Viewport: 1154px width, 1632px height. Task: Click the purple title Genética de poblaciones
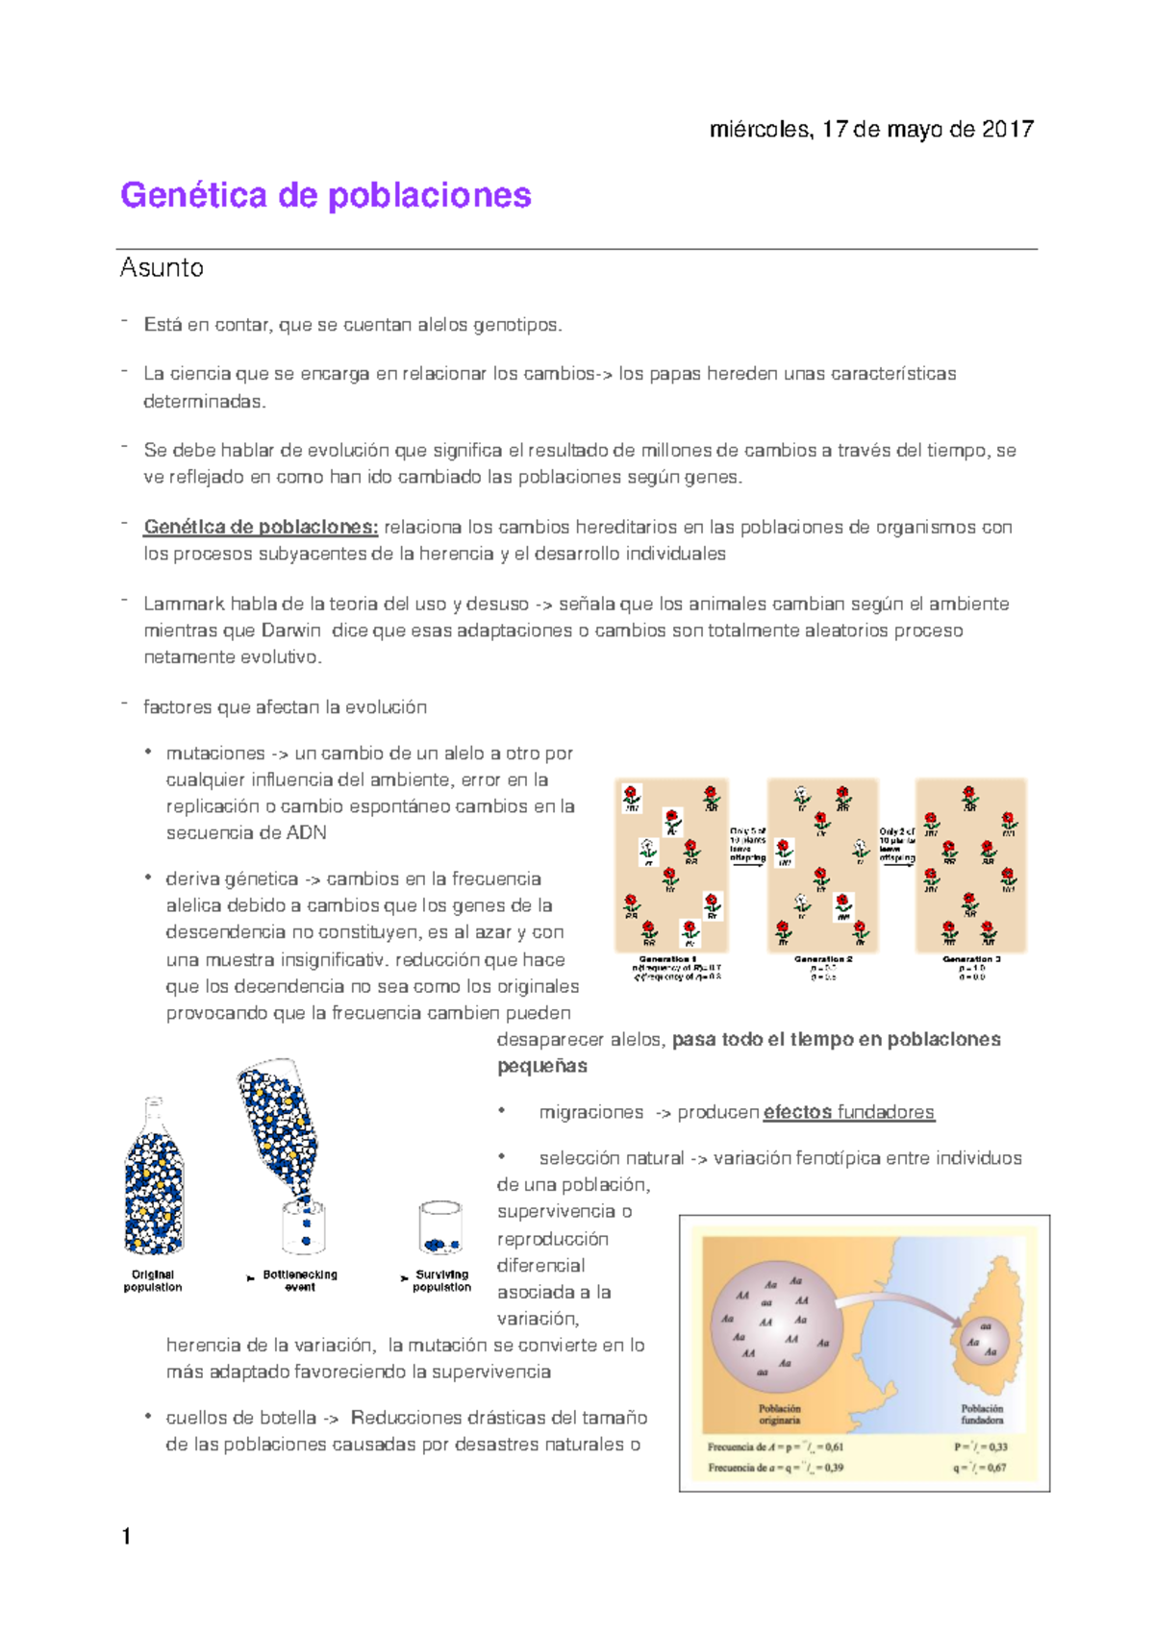coord(325,195)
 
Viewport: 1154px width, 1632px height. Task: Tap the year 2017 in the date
coord(1007,129)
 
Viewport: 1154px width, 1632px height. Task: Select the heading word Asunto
coord(162,267)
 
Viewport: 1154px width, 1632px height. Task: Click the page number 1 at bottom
coord(127,1536)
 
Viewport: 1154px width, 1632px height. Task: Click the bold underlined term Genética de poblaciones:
coord(261,527)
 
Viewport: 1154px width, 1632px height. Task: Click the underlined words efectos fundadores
coord(848,1112)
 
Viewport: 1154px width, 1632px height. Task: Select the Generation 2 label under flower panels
coord(823,958)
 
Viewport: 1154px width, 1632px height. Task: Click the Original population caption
coord(153,1280)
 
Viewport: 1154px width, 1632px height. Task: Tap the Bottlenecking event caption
coord(300,1280)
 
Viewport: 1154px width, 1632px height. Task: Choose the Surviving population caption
coord(441,1280)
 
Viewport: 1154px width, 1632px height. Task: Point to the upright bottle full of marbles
coord(154,1182)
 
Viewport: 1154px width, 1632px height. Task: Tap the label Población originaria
coord(779,1414)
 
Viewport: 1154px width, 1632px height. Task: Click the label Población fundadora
coord(982,1414)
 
